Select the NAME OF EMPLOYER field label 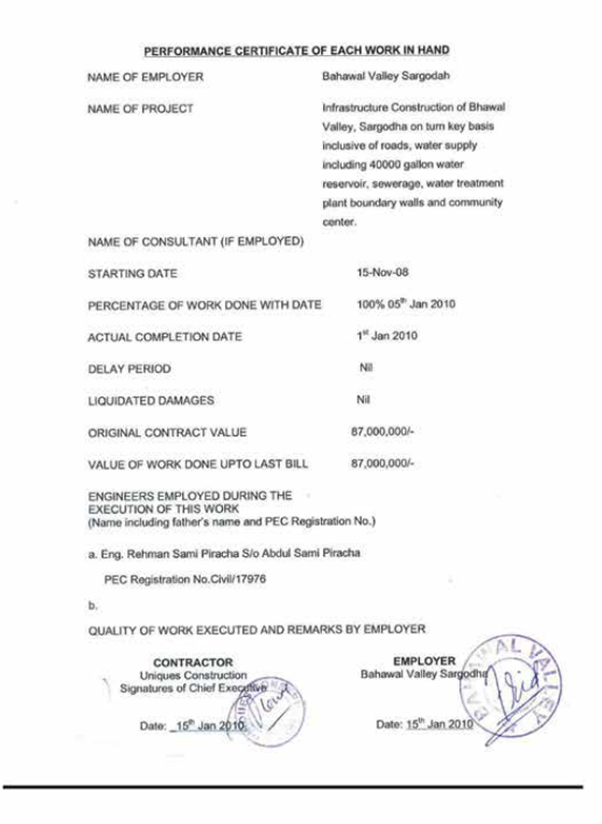145,78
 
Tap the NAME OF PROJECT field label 141,108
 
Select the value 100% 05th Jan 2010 405,305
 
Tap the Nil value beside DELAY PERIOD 366,368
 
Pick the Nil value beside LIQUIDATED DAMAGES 365,400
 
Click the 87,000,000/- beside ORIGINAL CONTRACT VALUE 382,432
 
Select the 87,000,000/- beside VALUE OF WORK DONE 382,463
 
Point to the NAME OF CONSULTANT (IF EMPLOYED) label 196,243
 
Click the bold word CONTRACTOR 193,662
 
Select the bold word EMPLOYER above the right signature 425,661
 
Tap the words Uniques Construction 193,675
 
